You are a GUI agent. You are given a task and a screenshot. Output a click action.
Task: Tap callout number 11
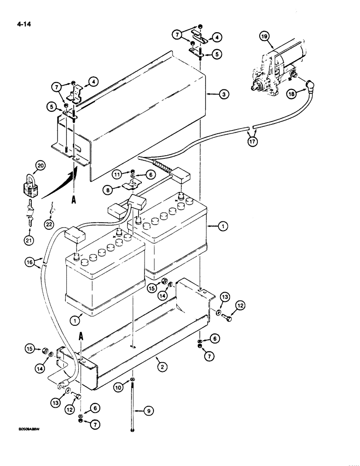[118, 175]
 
